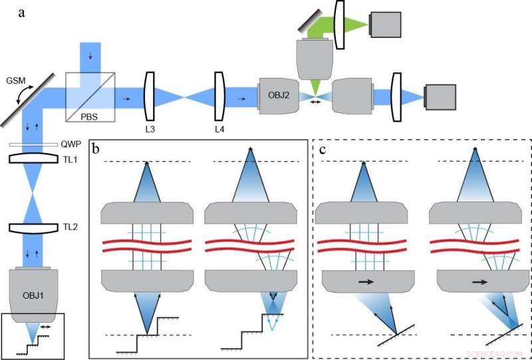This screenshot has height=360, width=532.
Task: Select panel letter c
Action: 323,149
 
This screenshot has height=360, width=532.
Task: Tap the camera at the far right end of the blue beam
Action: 441,97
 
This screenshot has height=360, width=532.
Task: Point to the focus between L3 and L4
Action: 182,97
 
